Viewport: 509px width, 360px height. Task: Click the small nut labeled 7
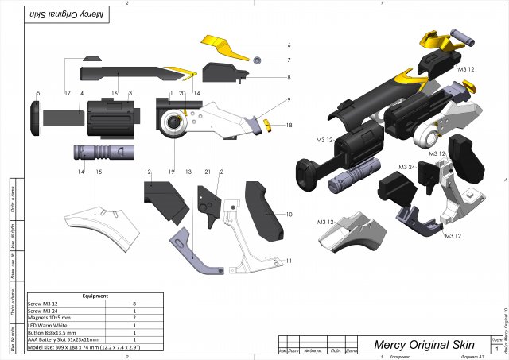[x=258, y=60]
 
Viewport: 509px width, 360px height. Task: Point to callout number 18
[x=289, y=125]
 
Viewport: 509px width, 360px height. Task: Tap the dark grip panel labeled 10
[x=266, y=211]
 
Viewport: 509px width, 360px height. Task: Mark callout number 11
[x=289, y=261]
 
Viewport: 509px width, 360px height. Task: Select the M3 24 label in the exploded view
[x=407, y=168]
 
